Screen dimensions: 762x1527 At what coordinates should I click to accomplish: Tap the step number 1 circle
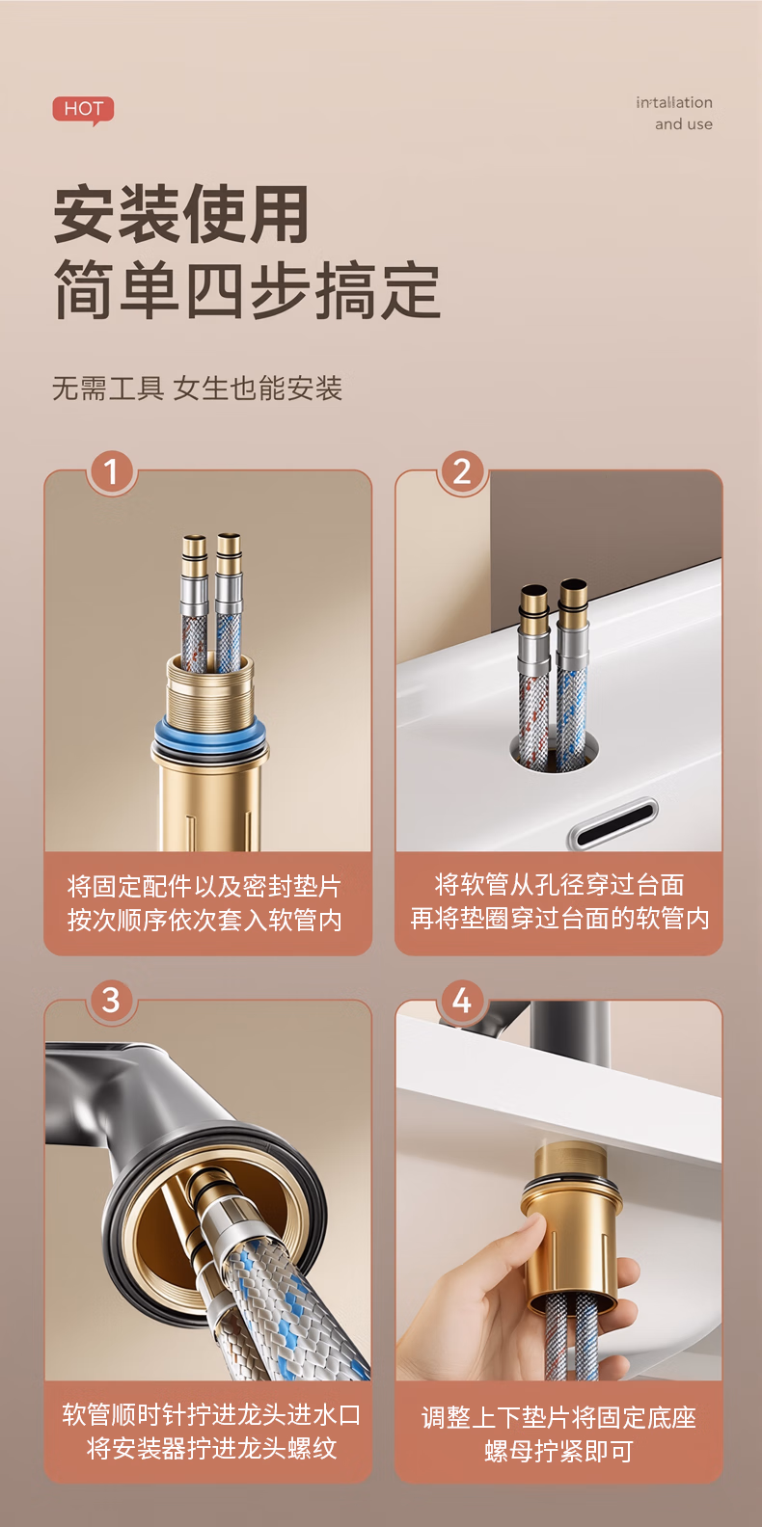tap(111, 471)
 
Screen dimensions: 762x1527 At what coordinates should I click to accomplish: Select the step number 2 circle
tap(462, 471)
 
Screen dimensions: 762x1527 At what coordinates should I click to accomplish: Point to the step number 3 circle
tap(111, 1001)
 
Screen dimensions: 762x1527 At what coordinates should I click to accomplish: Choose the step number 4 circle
tap(462, 1001)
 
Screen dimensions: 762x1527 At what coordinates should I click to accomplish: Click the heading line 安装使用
tap(181, 213)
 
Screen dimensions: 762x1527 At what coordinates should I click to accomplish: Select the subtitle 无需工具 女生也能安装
tap(197, 388)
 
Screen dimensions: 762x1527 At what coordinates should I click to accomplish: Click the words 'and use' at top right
tap(684, 124)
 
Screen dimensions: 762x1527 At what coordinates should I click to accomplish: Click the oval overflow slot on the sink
tap(612, 822)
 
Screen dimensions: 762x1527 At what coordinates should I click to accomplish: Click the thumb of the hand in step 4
tap(521, 1241)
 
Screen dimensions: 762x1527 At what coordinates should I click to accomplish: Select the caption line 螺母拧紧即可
tap(558, 1452)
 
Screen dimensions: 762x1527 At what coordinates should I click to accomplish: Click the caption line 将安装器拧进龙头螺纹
tap(211, 1448)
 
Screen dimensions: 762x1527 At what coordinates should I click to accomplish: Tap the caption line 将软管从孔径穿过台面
tap(559, 884)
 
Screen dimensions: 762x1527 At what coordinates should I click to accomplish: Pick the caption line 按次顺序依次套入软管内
tap(204, 920)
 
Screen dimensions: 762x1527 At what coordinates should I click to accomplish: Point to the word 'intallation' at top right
tap(674, 102)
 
